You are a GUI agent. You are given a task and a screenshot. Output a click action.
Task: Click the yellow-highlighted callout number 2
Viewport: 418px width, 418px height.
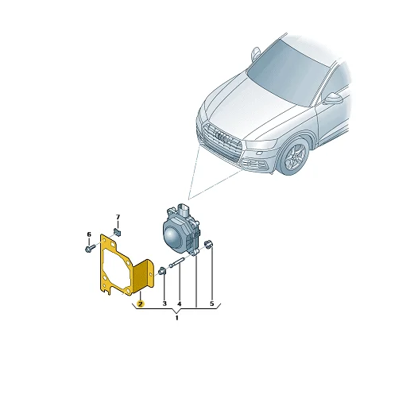(x=140, y=304)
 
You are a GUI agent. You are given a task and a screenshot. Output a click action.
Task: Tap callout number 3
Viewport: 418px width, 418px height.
(x=164, y=304)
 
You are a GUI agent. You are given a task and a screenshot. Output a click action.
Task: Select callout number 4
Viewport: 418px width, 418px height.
(x=179, y=304)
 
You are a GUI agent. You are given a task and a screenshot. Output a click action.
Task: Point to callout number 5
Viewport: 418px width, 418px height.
(x=212, y=304)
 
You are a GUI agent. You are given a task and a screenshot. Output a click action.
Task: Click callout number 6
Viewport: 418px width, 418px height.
(x=89, y=234)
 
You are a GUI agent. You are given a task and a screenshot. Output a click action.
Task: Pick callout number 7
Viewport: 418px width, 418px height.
(x=118, y=217)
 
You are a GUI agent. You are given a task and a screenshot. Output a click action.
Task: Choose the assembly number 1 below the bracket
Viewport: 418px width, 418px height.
(x=176, y=318)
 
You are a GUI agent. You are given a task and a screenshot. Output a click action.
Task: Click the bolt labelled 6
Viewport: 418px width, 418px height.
(x=90, y=248)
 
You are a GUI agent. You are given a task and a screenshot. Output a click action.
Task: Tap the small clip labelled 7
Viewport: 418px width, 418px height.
(x=118, y=232)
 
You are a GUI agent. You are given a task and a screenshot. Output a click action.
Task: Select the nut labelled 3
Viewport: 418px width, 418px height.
(x=162, y=271)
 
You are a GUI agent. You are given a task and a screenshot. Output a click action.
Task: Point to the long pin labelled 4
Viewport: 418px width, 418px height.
(x=176, y=263)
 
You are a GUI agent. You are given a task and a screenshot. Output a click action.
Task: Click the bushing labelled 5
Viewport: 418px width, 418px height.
(x=207, y=244)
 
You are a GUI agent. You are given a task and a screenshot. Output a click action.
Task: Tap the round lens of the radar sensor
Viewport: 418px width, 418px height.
(x=171, y=236)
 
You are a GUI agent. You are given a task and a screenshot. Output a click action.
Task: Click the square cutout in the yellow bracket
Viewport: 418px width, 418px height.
(x=113, y=244)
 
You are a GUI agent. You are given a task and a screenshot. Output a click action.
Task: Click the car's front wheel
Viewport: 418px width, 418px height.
(x=294, y=157)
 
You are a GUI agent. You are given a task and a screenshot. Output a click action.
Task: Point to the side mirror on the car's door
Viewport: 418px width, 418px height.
(x=333, y=99)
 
